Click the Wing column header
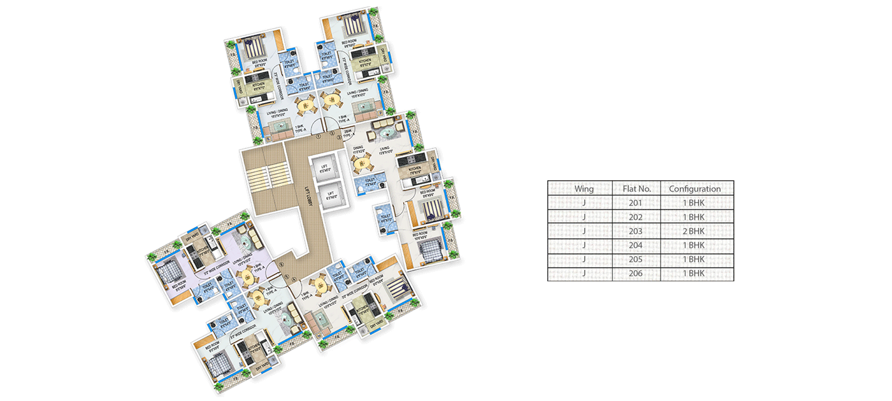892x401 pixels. (x=584, y=188)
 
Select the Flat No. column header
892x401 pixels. (x=635, y=188)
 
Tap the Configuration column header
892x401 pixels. (x=695, y=188)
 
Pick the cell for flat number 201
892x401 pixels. (x=635, y=203)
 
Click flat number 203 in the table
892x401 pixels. (x=635, y=231)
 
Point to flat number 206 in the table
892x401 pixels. (x=635, y=274)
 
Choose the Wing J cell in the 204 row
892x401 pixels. (x=584, y=245)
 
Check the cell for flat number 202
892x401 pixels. (x=635, y=217)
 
